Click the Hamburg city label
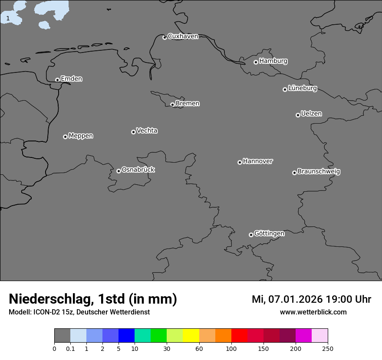point(273,61)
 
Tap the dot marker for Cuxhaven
point(165,37)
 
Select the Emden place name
point(71,79)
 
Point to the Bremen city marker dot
point(172,105)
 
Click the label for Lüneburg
point(302,88)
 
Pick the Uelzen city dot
point(298,115)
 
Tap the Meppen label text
point(81,136)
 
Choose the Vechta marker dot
point(133,132)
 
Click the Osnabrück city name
point(138,170)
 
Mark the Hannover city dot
point(240,162)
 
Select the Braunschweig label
point(319,171)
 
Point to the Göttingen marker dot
point(251,235)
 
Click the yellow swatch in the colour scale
point(191,336)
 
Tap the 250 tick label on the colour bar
point(328,348)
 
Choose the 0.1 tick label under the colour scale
point(70,348)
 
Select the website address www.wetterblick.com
point(313,312)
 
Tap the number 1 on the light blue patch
point(8,18)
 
